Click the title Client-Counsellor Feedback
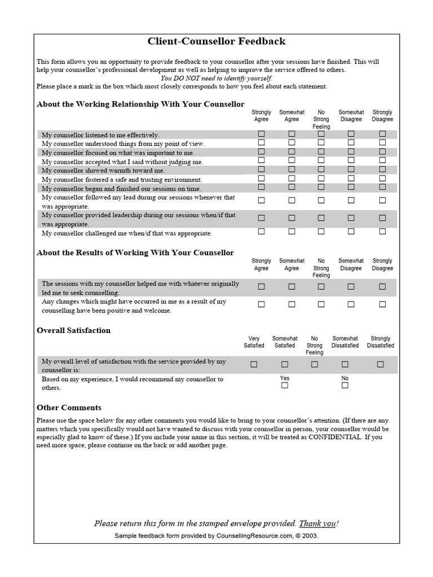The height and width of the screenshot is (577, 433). tap(216, 41)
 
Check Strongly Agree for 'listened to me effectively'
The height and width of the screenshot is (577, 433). tap(261, 134)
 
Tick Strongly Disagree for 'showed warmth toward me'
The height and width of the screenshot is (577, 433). tap(382, 170)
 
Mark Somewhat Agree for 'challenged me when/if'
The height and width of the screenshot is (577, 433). tap(291, 231)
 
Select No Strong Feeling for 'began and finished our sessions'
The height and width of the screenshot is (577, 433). tap(321, 187)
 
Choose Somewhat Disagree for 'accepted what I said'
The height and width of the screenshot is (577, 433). tap(351, 161)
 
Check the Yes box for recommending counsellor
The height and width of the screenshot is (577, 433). tap(285, 385)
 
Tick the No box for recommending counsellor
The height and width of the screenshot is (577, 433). tap(345, 385)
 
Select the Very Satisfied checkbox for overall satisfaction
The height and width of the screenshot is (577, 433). tap(254, 365)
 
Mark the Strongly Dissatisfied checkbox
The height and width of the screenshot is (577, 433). tap(381, 365)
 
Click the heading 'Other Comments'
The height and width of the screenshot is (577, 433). tap(69, 407)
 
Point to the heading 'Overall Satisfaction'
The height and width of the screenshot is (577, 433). tap(73, 330)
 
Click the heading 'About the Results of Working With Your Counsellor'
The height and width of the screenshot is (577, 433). tap(135, 252)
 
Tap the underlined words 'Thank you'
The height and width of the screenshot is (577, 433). tap(317, 523)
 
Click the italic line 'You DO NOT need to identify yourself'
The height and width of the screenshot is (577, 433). tap(216, 78)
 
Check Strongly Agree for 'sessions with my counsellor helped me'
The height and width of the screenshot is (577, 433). tap(261, 286)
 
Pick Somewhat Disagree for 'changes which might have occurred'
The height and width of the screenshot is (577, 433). tap(351, 304)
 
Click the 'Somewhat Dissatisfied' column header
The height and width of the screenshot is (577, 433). tap(344, 342)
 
